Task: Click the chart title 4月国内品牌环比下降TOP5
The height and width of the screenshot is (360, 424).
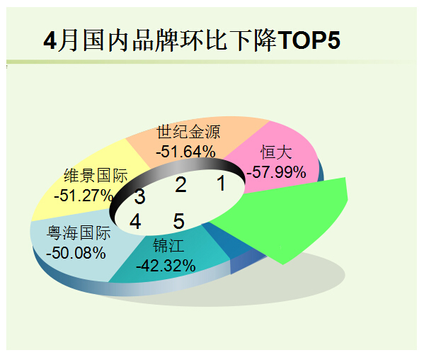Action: pos(192,40)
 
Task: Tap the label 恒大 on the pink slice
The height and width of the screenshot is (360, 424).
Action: pos(276,152)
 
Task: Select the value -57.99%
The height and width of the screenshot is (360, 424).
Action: pos(276,172)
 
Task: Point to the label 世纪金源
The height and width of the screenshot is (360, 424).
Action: pos(188,132)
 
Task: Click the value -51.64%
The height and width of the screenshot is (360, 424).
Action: pos(185,152)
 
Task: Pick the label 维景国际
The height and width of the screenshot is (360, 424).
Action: pos(96,176)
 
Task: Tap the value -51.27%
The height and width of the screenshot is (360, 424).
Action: pos(84,195)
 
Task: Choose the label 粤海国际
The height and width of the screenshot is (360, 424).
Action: pos(79,232)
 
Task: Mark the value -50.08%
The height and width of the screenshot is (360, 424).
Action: pos(76,253)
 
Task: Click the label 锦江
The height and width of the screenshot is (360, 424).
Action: pos(168,246)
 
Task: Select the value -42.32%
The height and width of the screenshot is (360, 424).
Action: pos(166,266)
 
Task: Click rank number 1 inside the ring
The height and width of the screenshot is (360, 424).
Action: pos(222,184)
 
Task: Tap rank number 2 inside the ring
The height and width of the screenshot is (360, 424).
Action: pos(181,185)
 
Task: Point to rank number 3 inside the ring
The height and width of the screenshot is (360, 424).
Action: pos(140,196)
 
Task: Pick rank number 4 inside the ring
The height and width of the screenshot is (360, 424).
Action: pos(135,221)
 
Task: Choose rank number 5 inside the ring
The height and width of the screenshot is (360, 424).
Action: pos(179,221)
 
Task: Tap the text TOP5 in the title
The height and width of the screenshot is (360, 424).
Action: pos(309,40)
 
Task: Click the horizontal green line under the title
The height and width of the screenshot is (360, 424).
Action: pos(212,62)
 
